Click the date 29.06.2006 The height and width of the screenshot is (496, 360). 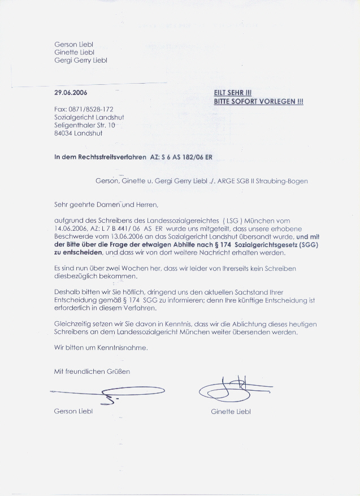pos(71,92)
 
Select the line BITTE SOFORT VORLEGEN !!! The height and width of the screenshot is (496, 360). pos(258,101)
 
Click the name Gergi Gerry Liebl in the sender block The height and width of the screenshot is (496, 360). pos(81,60)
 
